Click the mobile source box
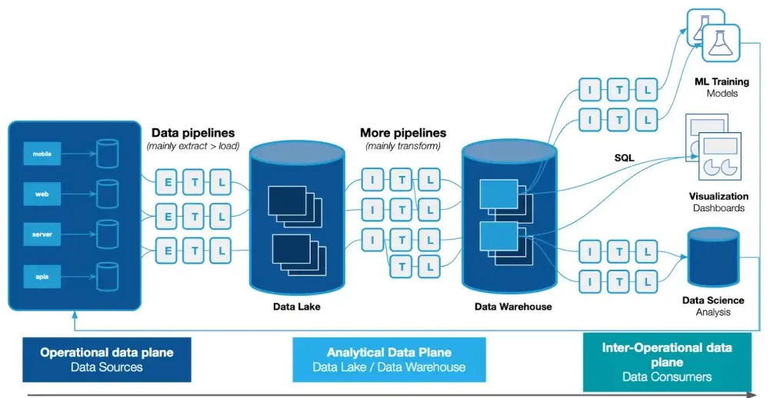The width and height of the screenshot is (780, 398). pos(42,154)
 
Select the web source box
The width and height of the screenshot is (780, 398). pos(42,194)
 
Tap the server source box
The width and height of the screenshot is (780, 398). pos(42,234)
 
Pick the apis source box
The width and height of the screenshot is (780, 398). pos(42,274)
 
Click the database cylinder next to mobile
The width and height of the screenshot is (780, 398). pos(107,154)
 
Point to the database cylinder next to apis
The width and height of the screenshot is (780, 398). pos(107,275)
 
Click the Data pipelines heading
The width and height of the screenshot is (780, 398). pos(193,133)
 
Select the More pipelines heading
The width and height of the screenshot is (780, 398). pos(402,133)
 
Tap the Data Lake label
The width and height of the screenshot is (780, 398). pos(296,307)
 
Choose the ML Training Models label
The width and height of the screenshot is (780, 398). pos(722,87)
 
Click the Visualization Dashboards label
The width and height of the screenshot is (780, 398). pos(718,202)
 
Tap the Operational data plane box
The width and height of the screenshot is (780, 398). pos(107,360)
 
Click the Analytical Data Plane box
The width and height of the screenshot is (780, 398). pos(388,360)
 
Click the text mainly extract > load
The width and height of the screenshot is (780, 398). pos(193,146)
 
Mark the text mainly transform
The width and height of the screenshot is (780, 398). pos(402,146)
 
